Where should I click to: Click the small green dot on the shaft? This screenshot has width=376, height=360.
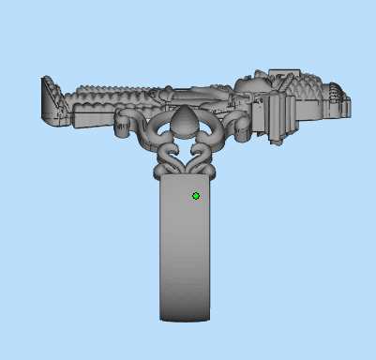coord(195,196)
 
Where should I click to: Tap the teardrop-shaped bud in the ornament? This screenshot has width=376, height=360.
coord(186,119)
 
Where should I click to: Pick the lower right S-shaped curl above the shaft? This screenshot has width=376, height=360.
coord(204,157)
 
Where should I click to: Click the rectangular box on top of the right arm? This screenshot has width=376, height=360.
coord(281,76)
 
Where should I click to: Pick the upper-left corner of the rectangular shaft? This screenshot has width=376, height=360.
coord(161,180)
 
